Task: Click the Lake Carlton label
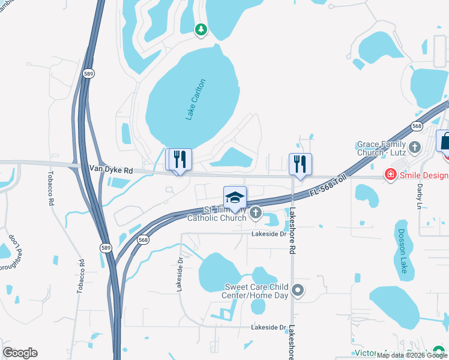point(196,100)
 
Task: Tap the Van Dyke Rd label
point(110,170)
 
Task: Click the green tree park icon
point(201,29)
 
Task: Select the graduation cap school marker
point(235,198)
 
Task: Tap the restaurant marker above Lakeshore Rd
point(300,164)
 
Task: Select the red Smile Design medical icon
point(390,175)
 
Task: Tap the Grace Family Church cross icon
point(414,147)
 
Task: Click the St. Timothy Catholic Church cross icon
point(256,212)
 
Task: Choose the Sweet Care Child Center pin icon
point(298,292)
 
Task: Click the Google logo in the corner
point(20,353)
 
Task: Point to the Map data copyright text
point(412,355)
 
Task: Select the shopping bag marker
point(445,142)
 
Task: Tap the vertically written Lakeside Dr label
point(179,275)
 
